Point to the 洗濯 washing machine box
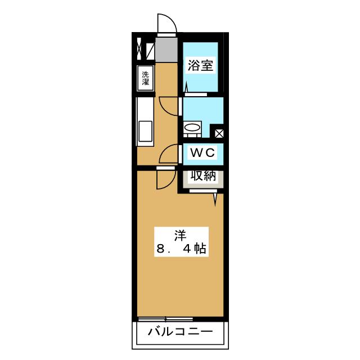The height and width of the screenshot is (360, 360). coord(145,77)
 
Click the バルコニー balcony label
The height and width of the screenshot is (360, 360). coord(180,332)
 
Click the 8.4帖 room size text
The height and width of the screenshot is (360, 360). coord(180,248)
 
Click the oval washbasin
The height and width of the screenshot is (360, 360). coord(192,128)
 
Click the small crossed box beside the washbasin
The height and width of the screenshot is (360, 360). coord(219,133)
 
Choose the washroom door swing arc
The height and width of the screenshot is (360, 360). coord(169,105)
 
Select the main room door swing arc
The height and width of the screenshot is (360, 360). coord(165,179)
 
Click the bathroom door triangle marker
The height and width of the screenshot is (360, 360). coord(186,88)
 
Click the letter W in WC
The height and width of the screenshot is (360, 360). coord(195,152)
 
